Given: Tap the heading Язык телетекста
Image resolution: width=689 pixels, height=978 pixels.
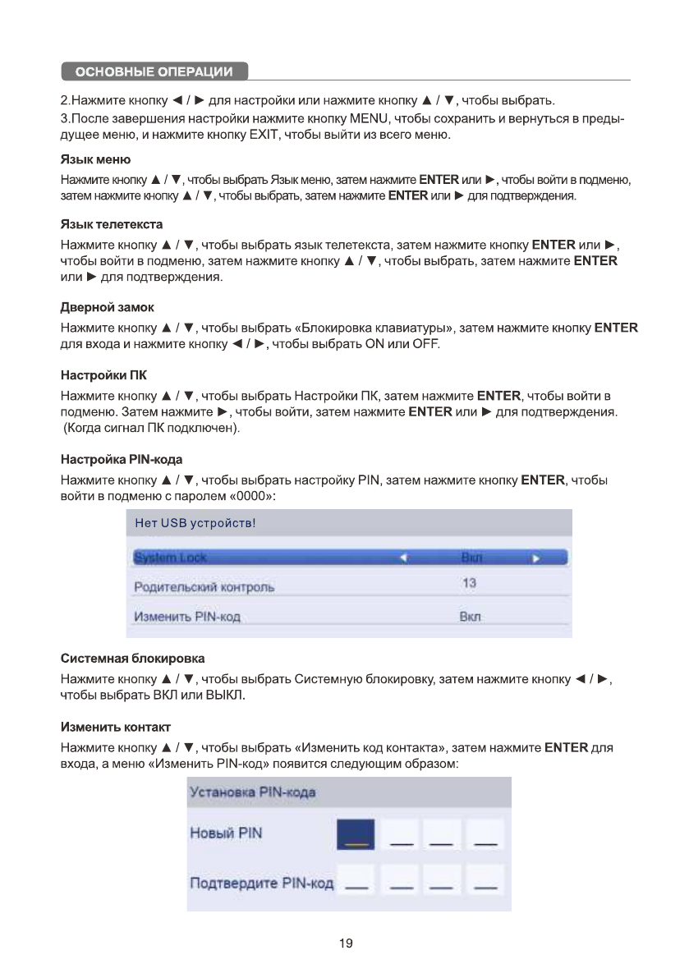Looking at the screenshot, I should tap(112, 224).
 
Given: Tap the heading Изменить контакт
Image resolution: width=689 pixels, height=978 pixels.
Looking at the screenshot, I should tap(116, 728).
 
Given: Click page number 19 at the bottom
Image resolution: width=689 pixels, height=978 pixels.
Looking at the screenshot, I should tap(346, 944).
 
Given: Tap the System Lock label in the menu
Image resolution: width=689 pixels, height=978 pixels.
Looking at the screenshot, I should tap(171, 558).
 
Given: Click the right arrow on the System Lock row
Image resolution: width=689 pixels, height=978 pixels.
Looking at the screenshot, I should tap(536, 558).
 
